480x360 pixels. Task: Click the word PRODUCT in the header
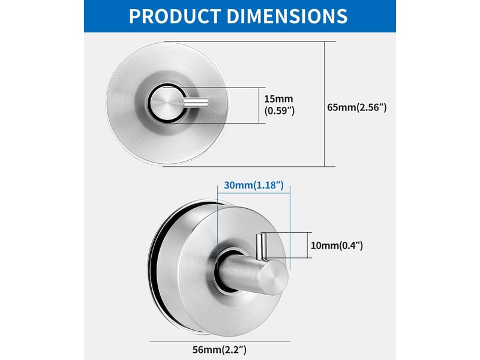175,16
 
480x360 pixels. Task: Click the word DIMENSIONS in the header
287,16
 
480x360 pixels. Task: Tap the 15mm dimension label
278,99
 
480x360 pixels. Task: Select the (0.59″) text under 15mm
280,110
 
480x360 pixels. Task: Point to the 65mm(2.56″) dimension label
357,107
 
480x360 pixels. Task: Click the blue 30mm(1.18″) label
254,185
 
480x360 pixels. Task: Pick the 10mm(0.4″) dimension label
337,245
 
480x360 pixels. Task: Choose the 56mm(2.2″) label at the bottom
219,350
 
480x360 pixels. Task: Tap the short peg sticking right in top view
196,103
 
